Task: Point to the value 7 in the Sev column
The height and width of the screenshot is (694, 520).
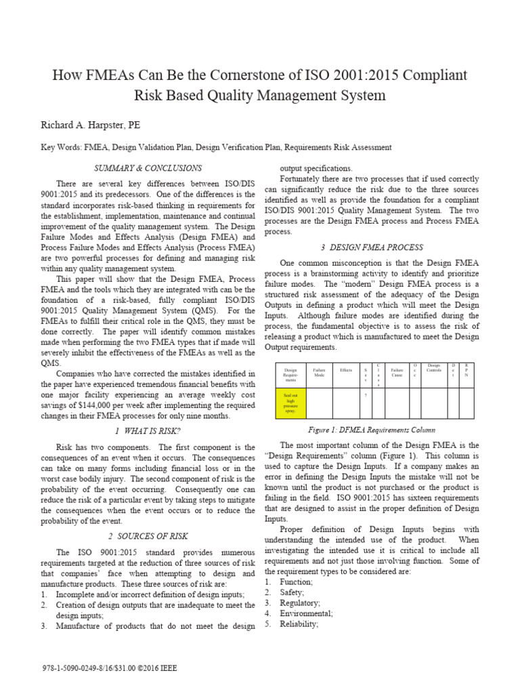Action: point(366,395)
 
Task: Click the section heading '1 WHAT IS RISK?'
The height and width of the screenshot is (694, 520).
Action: point(147,432)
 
